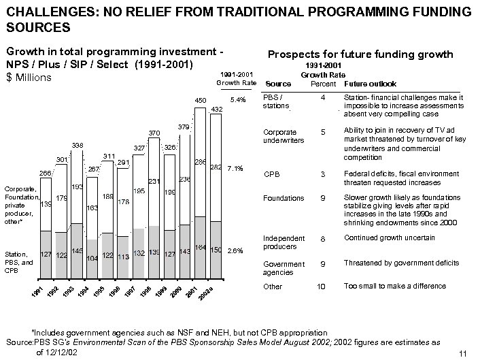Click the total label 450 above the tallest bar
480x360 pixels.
[201, 101]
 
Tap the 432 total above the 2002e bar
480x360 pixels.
[216, 109]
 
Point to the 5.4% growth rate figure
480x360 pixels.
[237, 99]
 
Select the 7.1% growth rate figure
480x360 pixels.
[235, 167]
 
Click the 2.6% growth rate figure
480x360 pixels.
[235, 250]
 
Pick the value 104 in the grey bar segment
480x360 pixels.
[92, 258]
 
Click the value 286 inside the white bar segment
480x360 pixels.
[201, 163]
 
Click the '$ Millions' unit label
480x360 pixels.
[28, 78]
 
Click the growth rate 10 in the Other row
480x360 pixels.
[322, 287]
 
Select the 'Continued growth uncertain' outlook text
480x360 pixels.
[388, 238]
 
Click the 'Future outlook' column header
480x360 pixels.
[371, 84]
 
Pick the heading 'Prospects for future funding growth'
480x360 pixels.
[361, 54]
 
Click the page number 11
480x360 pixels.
[463, 353]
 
